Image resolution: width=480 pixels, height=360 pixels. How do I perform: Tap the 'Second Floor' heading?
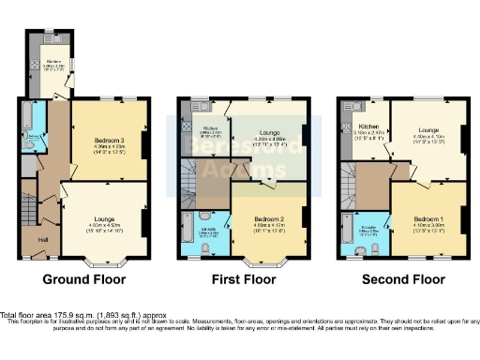tap(404, 279)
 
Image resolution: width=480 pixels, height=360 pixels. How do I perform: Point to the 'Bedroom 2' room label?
tap(268, 218)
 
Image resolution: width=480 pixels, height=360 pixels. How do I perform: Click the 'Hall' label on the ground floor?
tap(43, 239)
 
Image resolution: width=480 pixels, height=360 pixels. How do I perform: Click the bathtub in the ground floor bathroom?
tap(24, 117)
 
